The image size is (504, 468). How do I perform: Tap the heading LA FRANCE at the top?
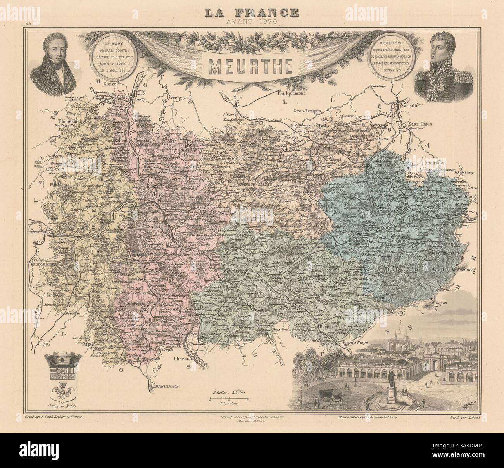[252, 12]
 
